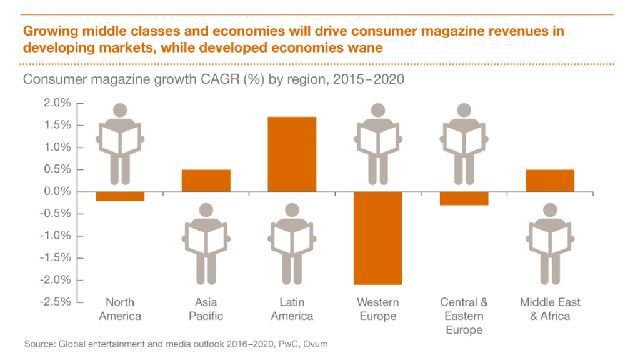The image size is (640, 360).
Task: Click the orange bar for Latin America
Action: [x=292, y=154]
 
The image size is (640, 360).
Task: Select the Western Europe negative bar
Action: [x=378, y=237]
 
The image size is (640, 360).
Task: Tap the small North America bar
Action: [x=120, y=196]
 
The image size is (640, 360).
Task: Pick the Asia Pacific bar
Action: [x=206, y=181]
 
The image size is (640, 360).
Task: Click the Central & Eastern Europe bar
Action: [x=464, y=198]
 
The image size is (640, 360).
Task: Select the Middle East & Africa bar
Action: [x=550, y=181]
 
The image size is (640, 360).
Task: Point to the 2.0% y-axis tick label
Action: [x=56, y=103]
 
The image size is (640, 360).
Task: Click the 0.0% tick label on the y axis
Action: [x=56, y=192]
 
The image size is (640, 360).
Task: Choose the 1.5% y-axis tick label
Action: [x=56, y=125]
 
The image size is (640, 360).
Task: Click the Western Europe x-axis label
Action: [x=378, y=309]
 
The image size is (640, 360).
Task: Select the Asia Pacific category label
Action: [x=206, y=309]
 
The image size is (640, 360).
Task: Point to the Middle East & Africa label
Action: [x=550, y=309]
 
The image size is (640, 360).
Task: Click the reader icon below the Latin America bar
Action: [x=292, y=244]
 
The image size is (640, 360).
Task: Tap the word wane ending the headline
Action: [x=365, y=47]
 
